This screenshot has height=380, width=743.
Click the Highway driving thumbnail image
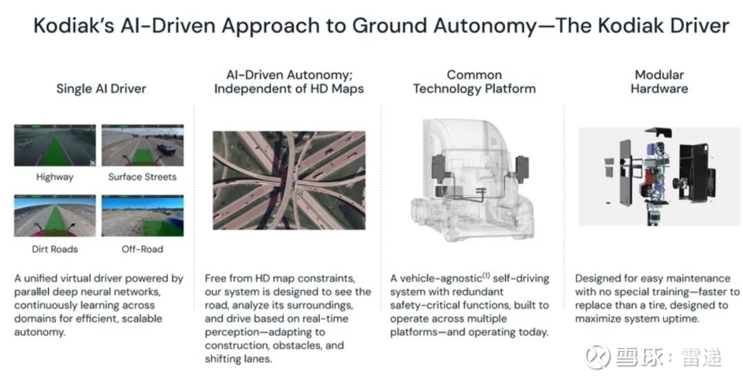click(x=55, y=145)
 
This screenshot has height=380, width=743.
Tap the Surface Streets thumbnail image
click(x=142, y=145)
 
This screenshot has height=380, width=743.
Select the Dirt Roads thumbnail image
click(x=55, y=216)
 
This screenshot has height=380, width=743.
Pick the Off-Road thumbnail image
click(x=142, y=216)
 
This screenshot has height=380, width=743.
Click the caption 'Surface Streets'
click(x=142, y=177)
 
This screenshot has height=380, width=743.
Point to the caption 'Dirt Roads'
click(x=55, y=249)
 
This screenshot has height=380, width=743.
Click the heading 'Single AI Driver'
click(x=101, y=89)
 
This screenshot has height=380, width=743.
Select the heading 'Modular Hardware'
click(x=659, y=81)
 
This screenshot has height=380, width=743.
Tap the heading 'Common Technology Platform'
click(x=474, y=81)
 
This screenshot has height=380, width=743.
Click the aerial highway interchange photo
click(x=289, y=180)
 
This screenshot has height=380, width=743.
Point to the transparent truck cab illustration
click(x=473, y=180)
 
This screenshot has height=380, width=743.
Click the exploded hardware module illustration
click(x=658, y=176)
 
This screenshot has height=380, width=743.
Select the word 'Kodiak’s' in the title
click(x=74, y=25)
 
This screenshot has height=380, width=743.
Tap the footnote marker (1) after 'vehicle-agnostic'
click(x=486, y=276)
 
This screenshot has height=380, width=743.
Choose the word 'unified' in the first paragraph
click(x=41, y=278)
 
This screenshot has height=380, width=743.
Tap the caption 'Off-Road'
click(x=142, y=249)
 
